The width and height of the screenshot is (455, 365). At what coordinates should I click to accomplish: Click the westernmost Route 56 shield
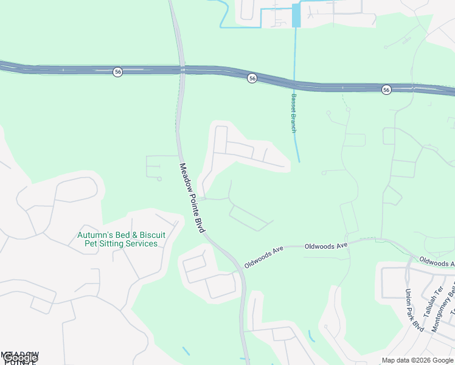117,72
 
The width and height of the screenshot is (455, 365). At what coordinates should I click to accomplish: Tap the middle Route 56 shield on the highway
252,78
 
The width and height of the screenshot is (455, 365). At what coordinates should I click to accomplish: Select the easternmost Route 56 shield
386,89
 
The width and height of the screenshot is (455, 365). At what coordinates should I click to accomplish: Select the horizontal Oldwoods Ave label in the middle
325,245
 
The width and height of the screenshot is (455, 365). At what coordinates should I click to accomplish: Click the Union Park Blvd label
414,309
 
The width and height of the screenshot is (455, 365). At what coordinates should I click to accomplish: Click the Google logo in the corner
19,358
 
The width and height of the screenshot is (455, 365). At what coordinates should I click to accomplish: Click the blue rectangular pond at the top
296,15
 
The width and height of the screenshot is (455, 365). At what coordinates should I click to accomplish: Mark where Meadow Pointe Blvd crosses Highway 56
181,69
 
